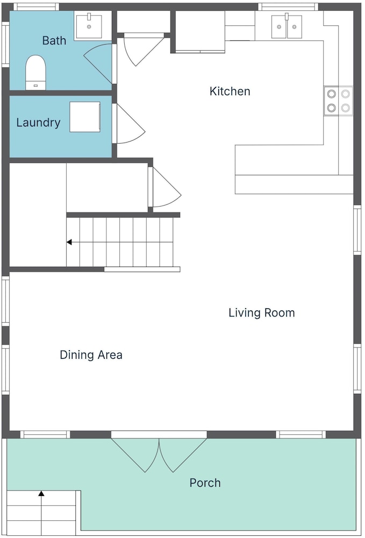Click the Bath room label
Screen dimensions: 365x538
54,40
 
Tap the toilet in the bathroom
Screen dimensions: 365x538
35,73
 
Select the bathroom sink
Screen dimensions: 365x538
89,26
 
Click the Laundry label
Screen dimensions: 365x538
38,123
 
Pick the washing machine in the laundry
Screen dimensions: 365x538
85,117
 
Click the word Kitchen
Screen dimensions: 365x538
230,91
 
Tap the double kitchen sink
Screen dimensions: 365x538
287,26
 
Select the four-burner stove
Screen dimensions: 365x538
338,101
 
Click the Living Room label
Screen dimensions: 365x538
261,313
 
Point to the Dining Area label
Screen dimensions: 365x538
91,355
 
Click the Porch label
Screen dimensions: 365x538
205,483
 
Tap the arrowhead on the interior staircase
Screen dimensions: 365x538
69,242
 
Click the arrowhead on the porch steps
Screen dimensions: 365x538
41,493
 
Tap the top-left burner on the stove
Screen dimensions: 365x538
332,94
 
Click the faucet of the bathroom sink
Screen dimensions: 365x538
89,17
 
